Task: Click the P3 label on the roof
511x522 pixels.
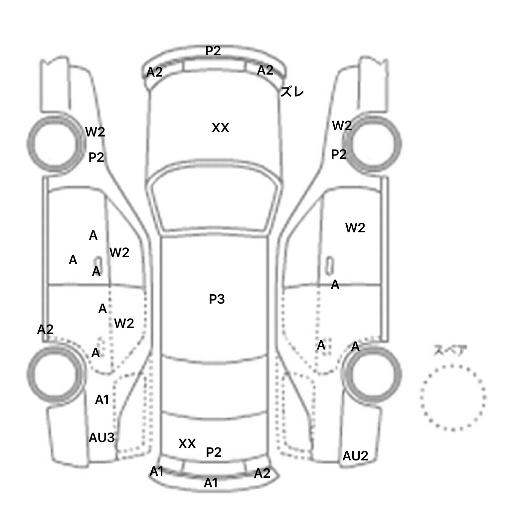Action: [x=217, y=299]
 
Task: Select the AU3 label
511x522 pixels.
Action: [x=101, y=438]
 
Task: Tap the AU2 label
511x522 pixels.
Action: [x=355, y=456]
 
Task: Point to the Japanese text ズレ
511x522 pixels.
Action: [x=292, y=92]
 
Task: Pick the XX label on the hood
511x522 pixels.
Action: [x=220, y=128]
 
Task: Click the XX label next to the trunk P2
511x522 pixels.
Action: [x=187, y=443]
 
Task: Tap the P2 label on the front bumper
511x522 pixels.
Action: [x=213, y=51]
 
